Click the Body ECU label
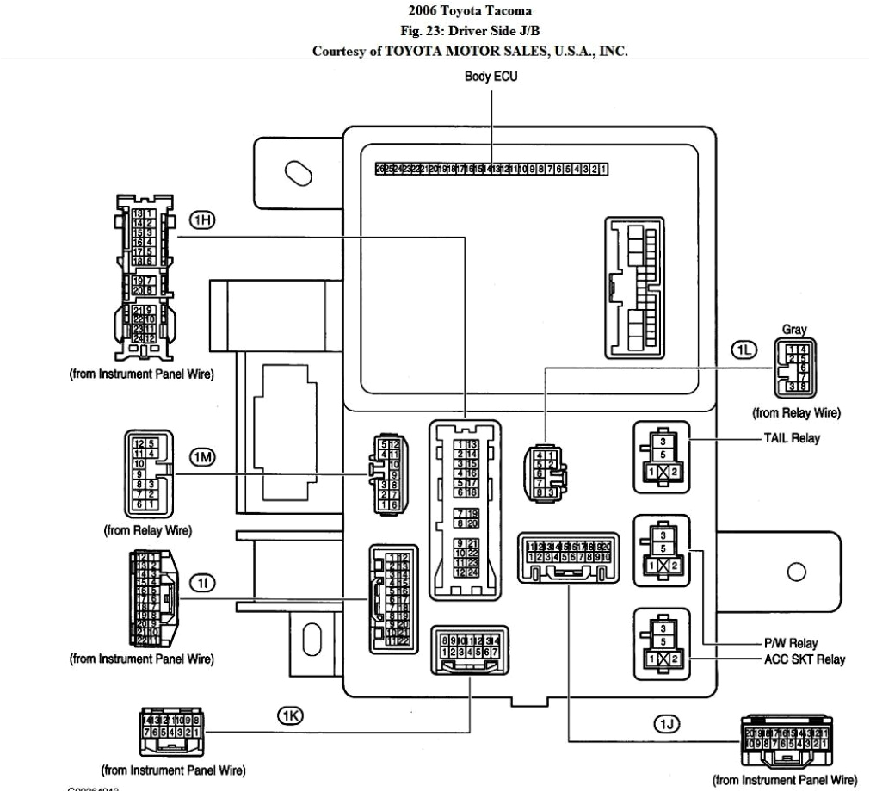[x=491, y=77]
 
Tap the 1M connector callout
[x=202, y=457]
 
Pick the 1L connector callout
[x=743, y=349]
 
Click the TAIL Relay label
[x=791, y=437]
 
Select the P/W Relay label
[x=790, y=643]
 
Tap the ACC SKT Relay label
[x=803, y=660]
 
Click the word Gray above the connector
[x=794, y=329]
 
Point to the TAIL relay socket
[x=661, y=456]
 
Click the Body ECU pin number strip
[x=491, y=169]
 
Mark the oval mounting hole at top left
[x=298, y=171]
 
